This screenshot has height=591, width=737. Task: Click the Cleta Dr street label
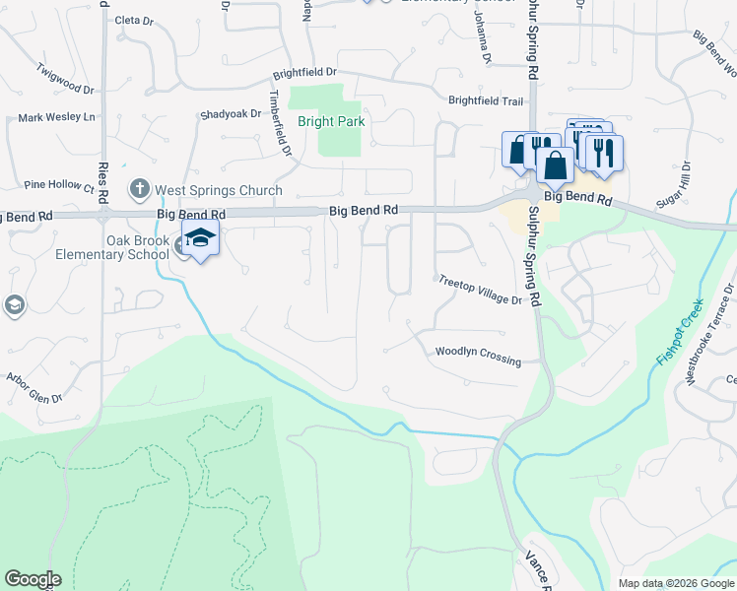point(134,20)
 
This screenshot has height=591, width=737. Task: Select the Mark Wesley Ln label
point(56,118)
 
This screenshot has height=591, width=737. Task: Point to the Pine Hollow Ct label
point(58,184)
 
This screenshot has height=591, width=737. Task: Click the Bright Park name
point(331,122)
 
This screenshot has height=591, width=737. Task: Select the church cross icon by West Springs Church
point(140,187)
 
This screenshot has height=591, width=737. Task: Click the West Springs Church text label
point(218,191)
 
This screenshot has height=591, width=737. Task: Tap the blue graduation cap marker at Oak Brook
point(200,237)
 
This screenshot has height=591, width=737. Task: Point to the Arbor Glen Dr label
point(34,387)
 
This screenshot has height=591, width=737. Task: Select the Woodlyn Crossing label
point(478,356)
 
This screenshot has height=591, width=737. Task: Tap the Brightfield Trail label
point(486,100)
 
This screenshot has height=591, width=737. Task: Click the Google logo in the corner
point(33,579)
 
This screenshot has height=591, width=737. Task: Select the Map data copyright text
point(675,583)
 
